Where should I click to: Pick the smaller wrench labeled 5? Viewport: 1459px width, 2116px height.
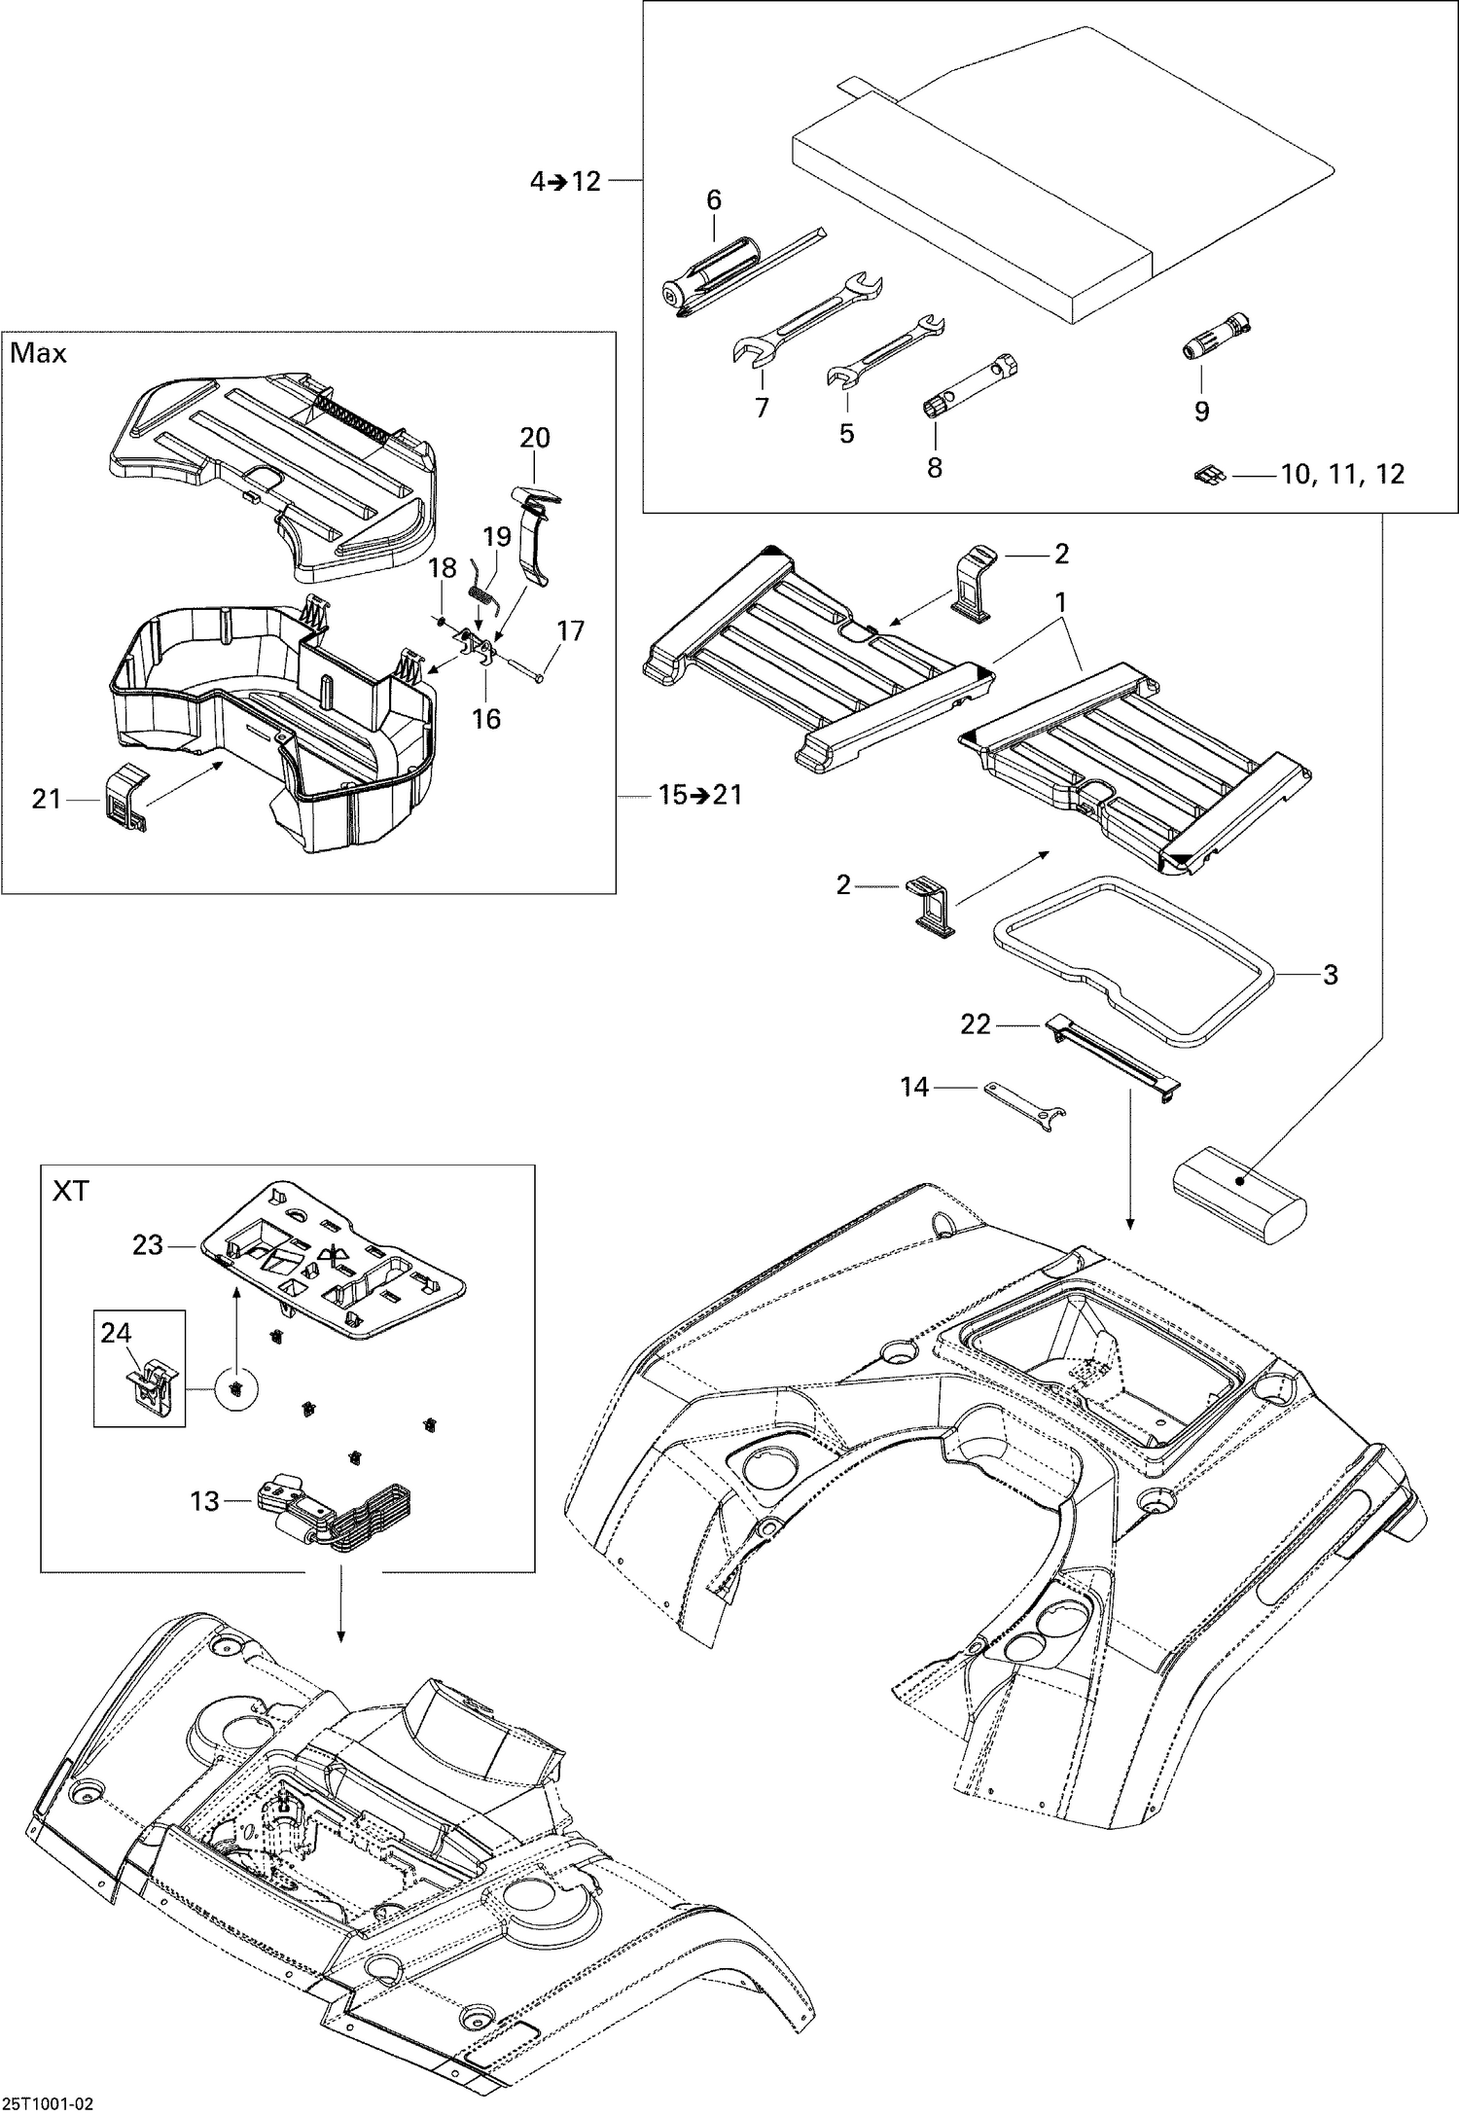click(886, 349)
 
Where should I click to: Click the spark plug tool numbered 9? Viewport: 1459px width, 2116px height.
click(1217, 337)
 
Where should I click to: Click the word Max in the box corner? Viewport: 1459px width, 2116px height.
click(38, 353)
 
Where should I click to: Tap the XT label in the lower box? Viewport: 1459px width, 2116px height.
click(70, 1191)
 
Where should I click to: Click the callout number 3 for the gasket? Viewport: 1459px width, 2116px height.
click(1330, 974)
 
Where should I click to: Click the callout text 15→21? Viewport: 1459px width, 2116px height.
click(699, 795)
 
